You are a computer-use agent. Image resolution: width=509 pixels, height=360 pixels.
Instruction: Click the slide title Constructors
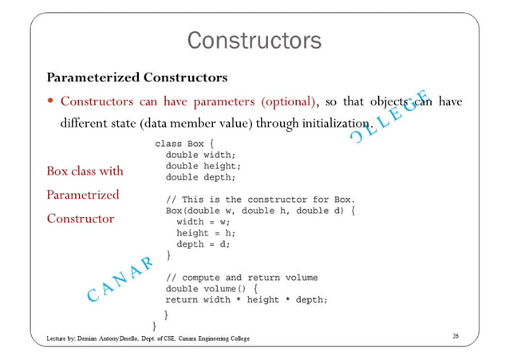coord(254,39)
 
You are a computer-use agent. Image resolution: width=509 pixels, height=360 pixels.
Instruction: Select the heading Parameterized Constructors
coord(136,77)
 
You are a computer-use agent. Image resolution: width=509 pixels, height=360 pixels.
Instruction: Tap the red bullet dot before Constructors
coord(50,101)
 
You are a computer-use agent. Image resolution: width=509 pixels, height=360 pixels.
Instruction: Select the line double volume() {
coord(211,288)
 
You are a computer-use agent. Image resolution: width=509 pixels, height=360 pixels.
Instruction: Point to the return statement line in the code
coord(247,299)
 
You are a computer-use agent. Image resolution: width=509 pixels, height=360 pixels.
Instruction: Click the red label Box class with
coord(85,171)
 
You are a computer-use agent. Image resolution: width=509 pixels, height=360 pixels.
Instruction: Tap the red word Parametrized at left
coord(83,195)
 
